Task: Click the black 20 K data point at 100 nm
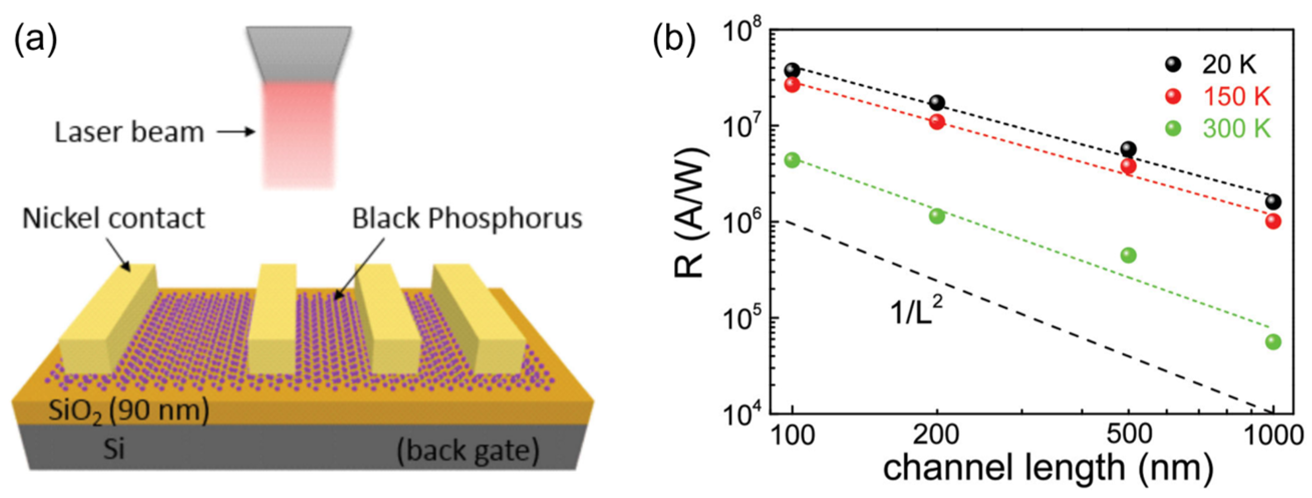(792, 70)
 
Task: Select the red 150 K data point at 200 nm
(937, 122)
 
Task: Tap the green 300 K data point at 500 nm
(1129, 255)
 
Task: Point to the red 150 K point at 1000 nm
(1273, 221)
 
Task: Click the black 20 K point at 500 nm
(1129, 149)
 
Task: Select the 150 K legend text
(1237, 96)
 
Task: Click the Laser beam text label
(129, 133)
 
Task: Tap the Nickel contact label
(113, 218)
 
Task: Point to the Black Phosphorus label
(467, 219)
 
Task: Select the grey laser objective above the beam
(299, 54)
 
